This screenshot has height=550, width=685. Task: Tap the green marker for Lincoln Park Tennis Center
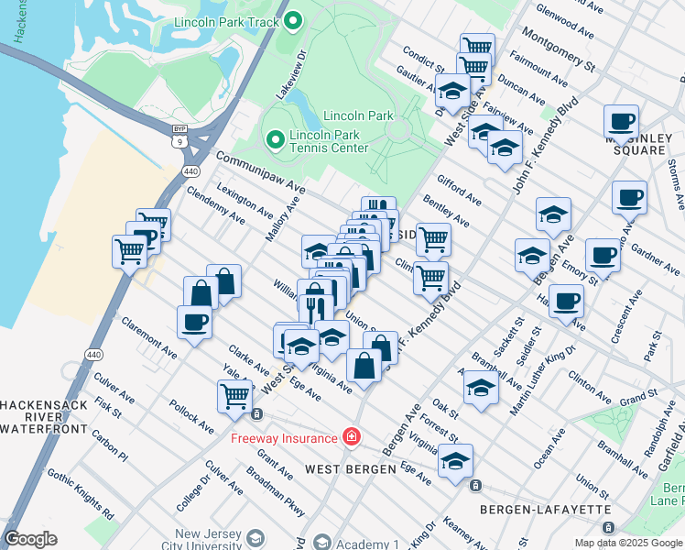click(274, 139)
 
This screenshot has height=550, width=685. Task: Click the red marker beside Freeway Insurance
click(350, 437)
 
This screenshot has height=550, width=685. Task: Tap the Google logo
click(31, 539)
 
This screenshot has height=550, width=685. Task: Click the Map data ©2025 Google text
click(627, 543)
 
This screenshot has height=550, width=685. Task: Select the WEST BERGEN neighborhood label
click(350, 469)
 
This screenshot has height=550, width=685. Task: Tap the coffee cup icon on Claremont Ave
click(194, 323)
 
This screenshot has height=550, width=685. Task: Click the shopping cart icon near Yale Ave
click(234, 395)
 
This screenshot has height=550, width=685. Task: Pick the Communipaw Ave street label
click(261, 172)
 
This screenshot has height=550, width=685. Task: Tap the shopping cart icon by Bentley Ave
click(433, 239)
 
